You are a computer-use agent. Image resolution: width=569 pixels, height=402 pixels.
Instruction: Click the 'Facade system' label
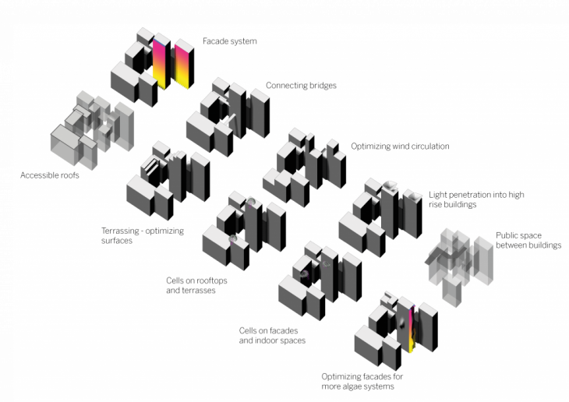coord(230,41)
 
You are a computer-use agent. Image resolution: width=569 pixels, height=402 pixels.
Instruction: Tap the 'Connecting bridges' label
coord(301,86)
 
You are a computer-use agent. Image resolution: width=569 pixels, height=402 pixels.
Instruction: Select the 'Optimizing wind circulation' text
coord(400,146)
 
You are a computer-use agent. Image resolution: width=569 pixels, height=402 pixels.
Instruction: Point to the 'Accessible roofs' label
coord(50,175)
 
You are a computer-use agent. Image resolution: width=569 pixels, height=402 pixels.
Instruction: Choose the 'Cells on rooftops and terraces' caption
coord(190,284)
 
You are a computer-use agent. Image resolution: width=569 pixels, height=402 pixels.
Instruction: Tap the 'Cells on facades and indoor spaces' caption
coord(271,335)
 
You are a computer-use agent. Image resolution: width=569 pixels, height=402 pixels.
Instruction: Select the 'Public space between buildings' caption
coord(528,240)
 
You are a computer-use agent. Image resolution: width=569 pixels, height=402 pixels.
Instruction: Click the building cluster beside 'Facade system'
coord(154,66)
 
